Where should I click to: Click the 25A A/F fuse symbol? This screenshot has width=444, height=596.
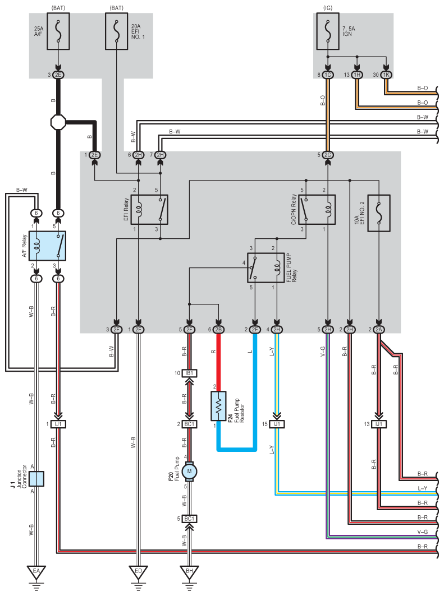[x=58, y=31]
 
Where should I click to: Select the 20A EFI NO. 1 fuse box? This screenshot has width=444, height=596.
[x=116, y=31]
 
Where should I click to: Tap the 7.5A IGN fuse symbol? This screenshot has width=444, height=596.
[x=328, y=31]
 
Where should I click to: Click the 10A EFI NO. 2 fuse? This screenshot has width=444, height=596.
[x=378, y=213]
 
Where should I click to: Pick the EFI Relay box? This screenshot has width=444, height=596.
[x=149, y=210]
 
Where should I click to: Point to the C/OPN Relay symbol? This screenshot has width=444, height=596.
[x=317, y=210]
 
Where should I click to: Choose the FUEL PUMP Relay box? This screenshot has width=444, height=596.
[x=266, y=268]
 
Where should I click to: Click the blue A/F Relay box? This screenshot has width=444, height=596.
[x=47, y=246]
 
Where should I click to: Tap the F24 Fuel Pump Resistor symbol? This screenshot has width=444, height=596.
[x=218, y=406]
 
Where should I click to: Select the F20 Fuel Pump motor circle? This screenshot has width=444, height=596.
[x=189, y=472]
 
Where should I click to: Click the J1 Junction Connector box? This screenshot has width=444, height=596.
[x=36, y=479]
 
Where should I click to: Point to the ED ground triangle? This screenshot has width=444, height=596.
[x=139, y=571]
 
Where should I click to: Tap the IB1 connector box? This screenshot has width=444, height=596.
[x=189, y=373]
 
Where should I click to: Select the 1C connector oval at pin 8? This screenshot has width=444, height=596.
[x=328, y=75]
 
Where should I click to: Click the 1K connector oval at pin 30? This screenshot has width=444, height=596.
[x=386, y=75]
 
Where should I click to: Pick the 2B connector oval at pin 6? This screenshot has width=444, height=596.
[x=218, y=330]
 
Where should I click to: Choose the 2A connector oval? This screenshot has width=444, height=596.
[x=378, y=330]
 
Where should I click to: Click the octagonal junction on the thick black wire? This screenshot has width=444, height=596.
[x=58, y=122]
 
